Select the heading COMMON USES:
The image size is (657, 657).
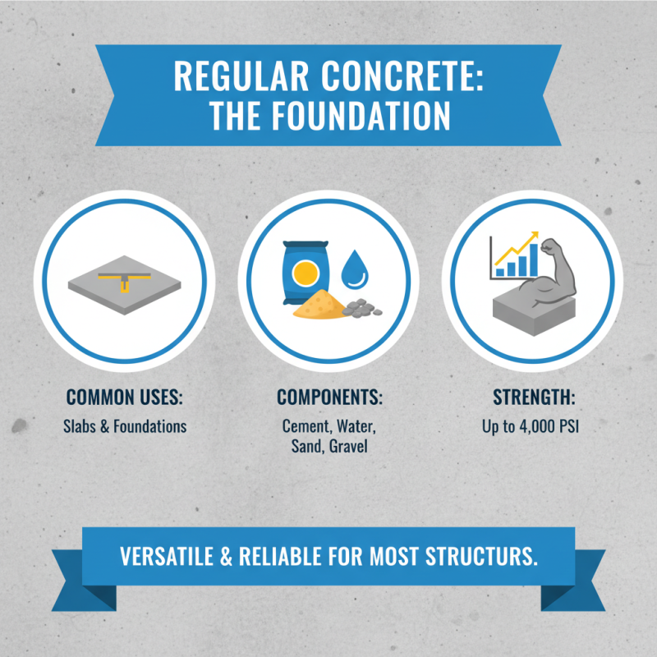click(124, 398)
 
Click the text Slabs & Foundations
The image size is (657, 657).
click(125, 427)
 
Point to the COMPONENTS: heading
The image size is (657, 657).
click(329, 398)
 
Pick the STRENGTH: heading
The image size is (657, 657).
click(534, 398)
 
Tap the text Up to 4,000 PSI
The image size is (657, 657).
click(534, 427)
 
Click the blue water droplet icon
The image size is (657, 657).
click(355, 269)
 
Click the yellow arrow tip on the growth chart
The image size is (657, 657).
click(534, 235)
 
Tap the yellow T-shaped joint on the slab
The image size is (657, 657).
click(124, 280)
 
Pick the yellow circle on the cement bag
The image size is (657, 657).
click(305, 271)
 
